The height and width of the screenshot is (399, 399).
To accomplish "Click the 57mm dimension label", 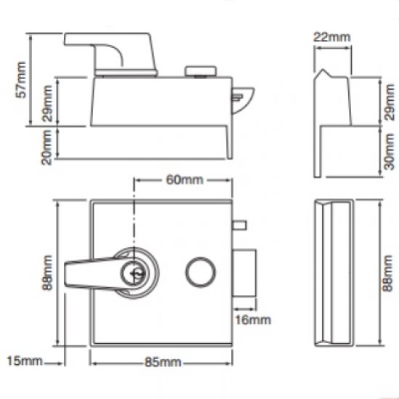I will click(x=22, y=80).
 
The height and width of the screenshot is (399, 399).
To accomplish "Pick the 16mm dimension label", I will click(x=253, y=319).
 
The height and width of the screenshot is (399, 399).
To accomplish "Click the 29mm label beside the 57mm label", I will click(x=46, y=103).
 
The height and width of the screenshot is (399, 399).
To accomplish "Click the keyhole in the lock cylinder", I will click(x=134, y=274).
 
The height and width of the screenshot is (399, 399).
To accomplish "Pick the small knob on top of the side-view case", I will click(x=201, y=71).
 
